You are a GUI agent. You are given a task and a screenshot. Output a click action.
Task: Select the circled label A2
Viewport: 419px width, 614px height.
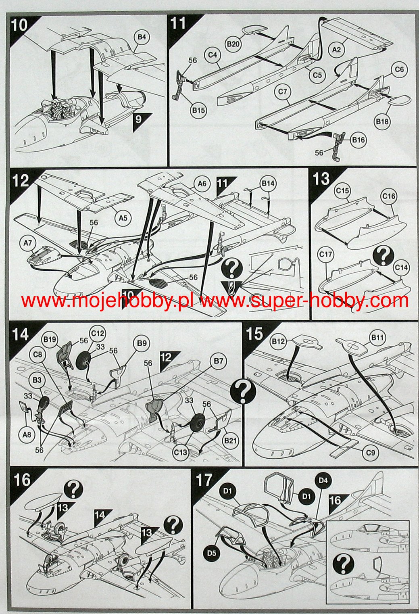pos(337,49)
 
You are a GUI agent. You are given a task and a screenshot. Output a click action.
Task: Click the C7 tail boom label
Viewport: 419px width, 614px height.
pos(283,92)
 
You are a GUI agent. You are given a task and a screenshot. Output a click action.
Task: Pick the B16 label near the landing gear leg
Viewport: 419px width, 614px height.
pos(358,140)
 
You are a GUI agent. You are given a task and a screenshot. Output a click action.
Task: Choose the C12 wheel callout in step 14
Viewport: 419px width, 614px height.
pos(98,333)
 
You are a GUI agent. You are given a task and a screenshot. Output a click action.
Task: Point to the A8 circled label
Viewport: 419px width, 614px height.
pos(27,434)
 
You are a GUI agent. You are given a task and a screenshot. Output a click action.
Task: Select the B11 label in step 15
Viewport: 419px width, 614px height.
pos(377,337)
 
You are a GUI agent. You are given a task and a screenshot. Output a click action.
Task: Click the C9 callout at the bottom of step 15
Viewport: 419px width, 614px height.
pos(371,453)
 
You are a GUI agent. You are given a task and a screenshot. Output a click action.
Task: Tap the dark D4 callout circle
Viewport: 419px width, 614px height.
pos(323,480)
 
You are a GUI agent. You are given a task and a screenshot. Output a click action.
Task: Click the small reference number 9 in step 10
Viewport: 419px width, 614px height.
pos(139,119)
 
